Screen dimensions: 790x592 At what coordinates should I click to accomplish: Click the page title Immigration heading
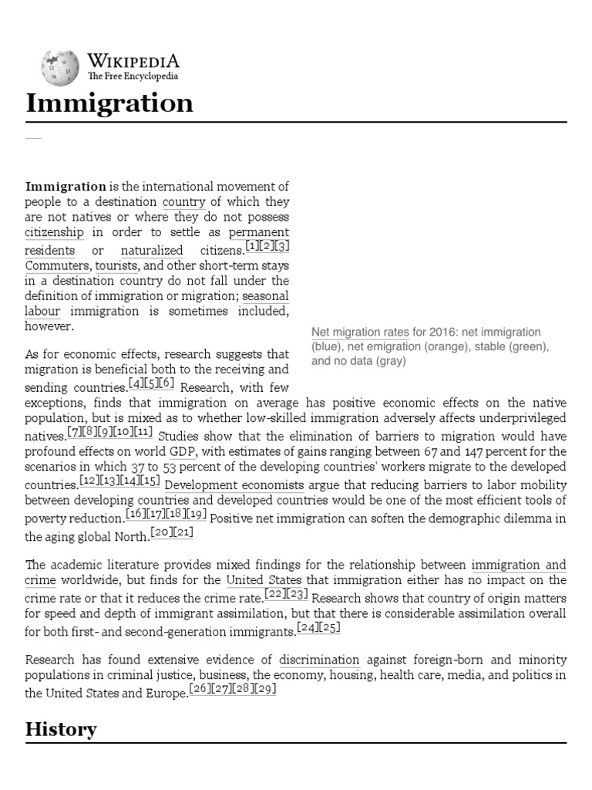109,103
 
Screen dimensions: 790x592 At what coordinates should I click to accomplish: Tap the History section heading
61,728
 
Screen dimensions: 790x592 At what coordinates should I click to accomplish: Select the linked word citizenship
55,231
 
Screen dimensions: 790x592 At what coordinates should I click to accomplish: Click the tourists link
118,266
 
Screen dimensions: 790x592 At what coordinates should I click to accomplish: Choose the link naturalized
152,250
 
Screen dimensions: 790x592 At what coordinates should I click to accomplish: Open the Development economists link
235,485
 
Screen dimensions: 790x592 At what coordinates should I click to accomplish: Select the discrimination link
319,660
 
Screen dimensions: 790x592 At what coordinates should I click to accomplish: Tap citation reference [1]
252,246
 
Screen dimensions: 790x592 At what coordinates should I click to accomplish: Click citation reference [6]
167,382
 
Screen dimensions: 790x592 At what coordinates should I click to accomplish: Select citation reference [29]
264,689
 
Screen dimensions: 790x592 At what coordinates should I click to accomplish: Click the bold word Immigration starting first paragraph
66,186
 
